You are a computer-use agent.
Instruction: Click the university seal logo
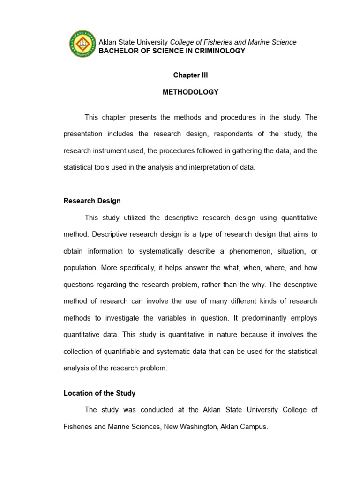tap(82, 44)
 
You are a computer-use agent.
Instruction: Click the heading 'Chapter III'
tap(190, 75)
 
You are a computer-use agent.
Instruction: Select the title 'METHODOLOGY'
tap(190, 92)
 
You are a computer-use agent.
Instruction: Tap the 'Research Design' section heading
tap(92, 201)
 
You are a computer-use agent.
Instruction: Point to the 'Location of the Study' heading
tap(99, 393)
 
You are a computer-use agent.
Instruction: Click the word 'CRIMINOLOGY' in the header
tap(219, 51)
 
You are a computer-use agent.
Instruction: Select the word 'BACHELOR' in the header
tap(116, 51)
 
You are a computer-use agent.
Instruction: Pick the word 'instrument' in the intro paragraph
tap(111, 150)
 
